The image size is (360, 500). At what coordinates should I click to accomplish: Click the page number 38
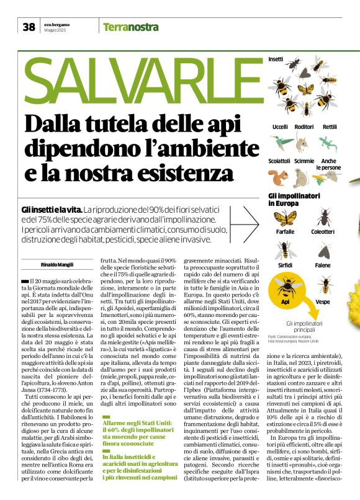pyautogui.click(x=29, y=27)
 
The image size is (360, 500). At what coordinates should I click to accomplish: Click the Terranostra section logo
pyautogui.click(x=131, y=27)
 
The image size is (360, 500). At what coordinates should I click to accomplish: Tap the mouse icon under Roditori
pyautogui.click(x=304, y=143)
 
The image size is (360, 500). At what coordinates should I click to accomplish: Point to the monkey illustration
pyautogui.click(x=303, y=178)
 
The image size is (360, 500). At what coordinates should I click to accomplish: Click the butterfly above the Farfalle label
pyautogui.click(x=286, y=218)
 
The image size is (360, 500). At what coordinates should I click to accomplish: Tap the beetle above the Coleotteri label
pyautogui.click(x=323, y=217)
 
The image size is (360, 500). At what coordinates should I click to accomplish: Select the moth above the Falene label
pyautogui.click(x=323, y=251)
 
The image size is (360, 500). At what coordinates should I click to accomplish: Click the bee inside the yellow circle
pyautogui.click(x=286, y=287)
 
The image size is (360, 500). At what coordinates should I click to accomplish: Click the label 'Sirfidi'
pyautogui.click(x=286, y=265)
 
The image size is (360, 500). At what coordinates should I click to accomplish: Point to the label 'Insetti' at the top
pyautogui.click(x=276, y=59)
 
